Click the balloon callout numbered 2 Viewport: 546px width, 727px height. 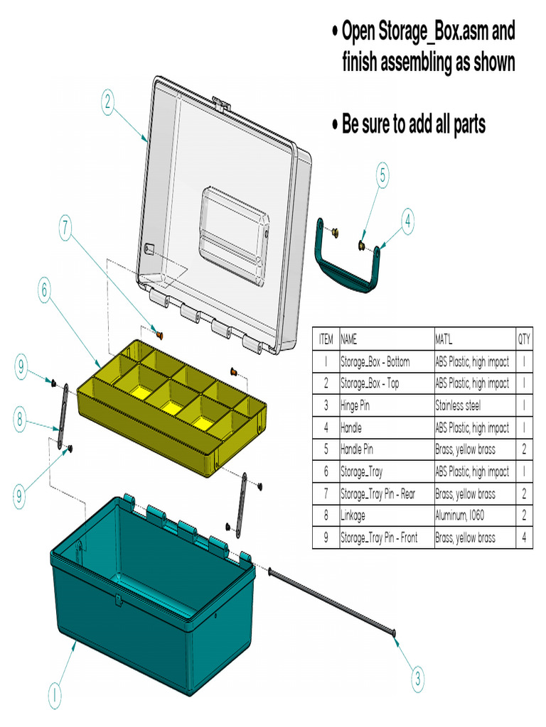107,103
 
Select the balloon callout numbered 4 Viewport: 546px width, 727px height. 407,222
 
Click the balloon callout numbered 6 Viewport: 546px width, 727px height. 44,290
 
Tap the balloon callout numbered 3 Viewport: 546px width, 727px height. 418,679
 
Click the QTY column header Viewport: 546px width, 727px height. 524,339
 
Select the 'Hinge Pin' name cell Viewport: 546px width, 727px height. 355,406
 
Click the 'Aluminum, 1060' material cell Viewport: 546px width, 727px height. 461,516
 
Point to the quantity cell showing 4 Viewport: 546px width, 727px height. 524,538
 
